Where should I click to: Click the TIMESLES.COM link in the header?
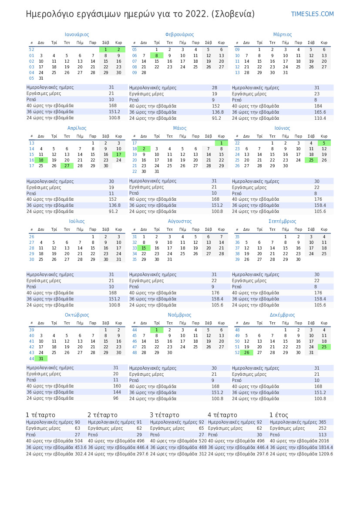[312, 14]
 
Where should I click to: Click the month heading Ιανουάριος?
[77, 34]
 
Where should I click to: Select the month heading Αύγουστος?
[180, 221]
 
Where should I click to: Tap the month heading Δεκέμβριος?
[282, 315]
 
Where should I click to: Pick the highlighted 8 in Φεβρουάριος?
[157, 56]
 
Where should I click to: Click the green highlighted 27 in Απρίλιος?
[67, 165]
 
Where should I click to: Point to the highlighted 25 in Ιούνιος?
[311, 160]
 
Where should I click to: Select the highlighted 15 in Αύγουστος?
[144, 248]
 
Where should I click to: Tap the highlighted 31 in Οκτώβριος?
[41, 358]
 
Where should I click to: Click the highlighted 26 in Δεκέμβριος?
[246, 353]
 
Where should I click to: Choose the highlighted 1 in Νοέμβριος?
[157, 330]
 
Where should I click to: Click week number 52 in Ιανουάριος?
[31, 50]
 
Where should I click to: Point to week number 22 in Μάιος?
[135, 172]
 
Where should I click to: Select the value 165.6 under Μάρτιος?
[320, 112]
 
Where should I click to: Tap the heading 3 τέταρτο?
[165, 415]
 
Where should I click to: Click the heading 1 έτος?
[279, 415]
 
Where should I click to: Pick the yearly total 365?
[322, 422]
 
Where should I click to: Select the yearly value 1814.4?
[325, 447]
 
